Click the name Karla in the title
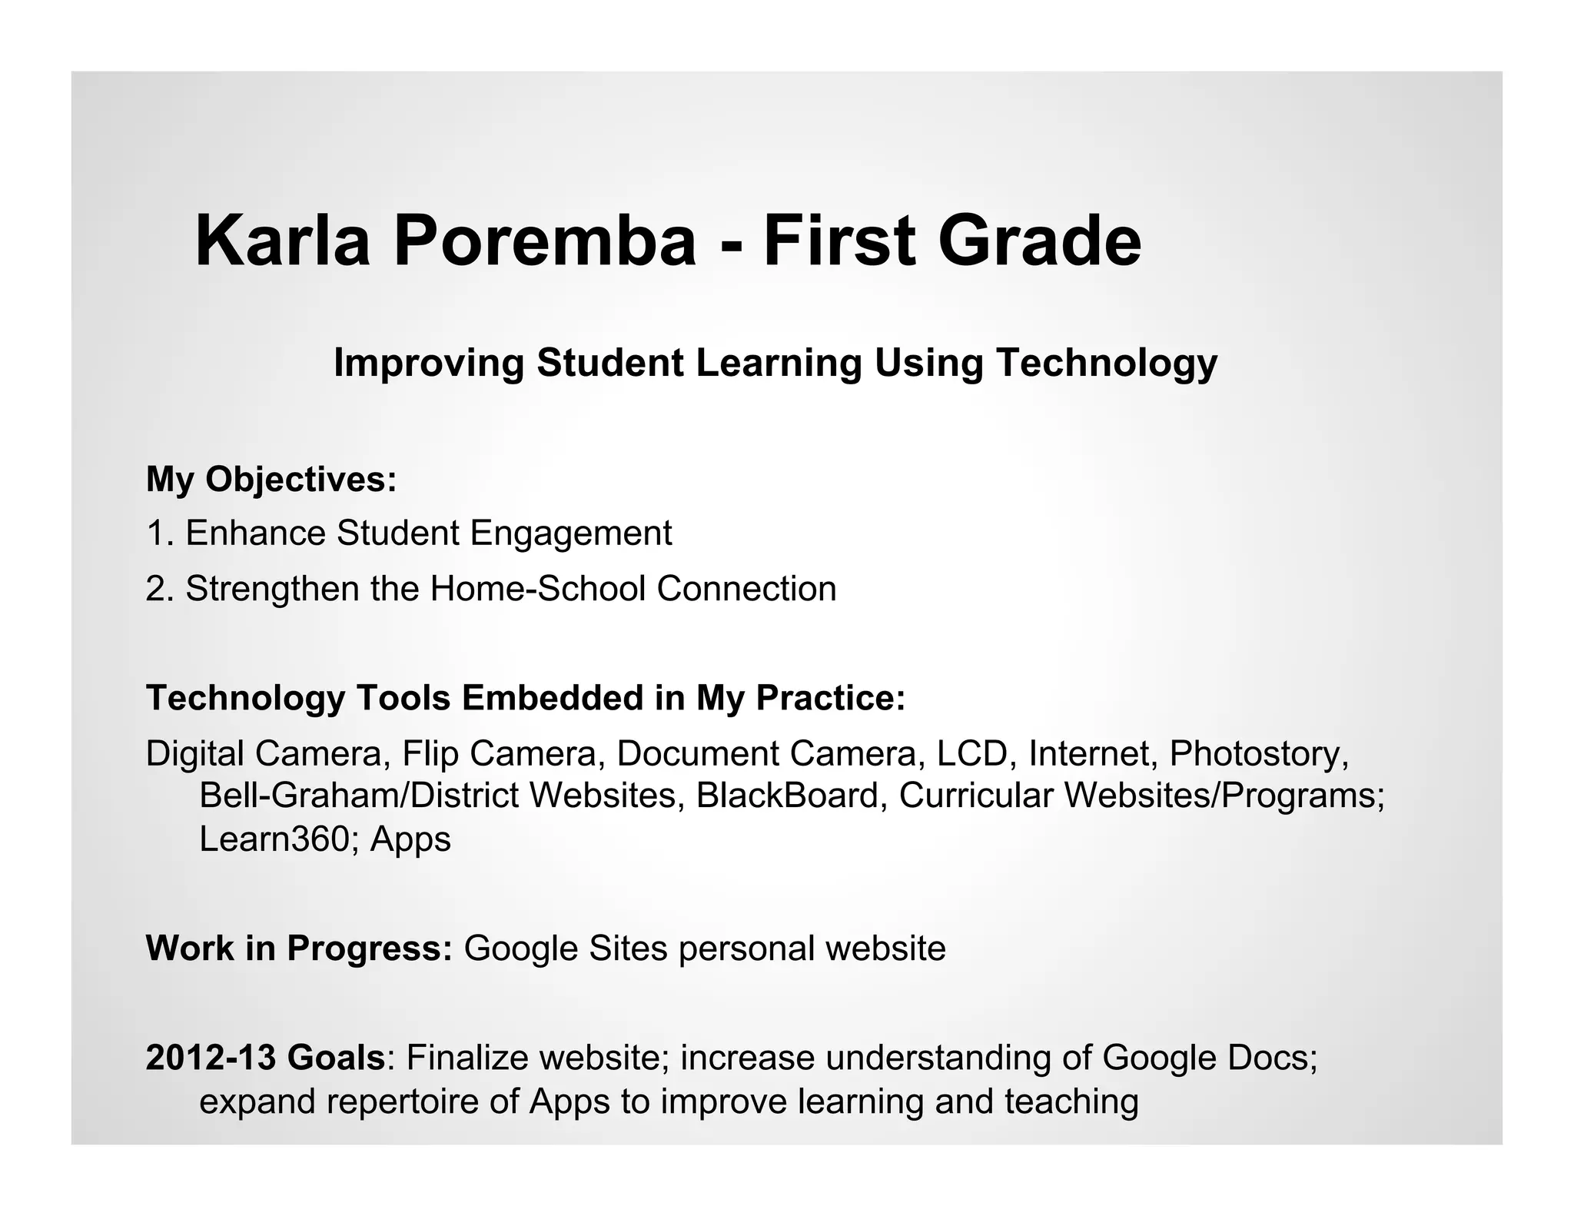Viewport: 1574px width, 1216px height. pos(282,241)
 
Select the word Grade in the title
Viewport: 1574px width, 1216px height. pos(1039,241)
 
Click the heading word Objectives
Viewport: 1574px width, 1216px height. pos(301,480)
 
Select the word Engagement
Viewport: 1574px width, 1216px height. pos(570,534)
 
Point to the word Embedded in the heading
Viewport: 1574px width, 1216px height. pos(553,698)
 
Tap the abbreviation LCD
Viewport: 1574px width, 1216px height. pos(972,753)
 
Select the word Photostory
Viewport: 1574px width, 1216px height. pos(1259,754)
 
